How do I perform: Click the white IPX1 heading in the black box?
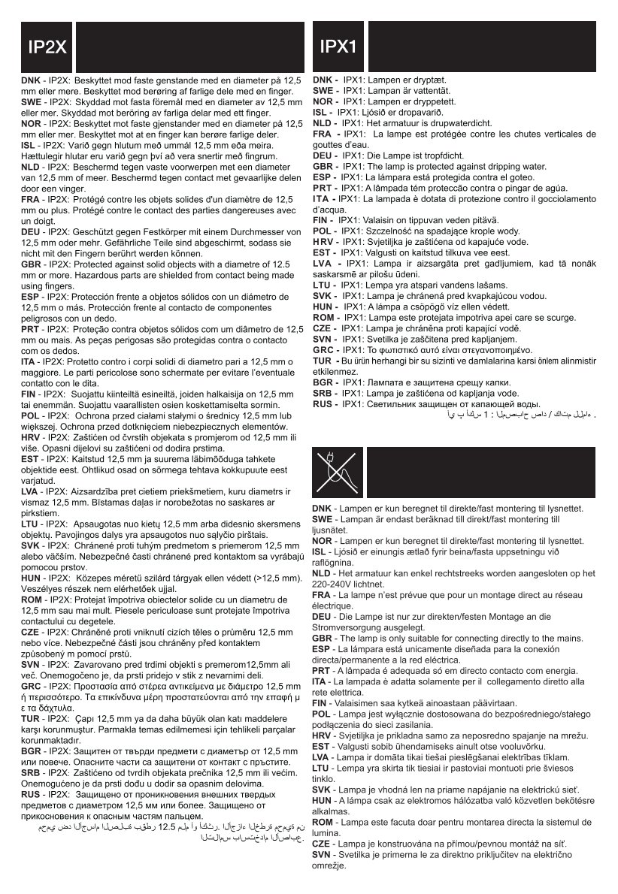338,47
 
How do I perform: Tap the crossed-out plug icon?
337,474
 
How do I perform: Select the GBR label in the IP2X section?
31,264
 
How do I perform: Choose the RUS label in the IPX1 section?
323,404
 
